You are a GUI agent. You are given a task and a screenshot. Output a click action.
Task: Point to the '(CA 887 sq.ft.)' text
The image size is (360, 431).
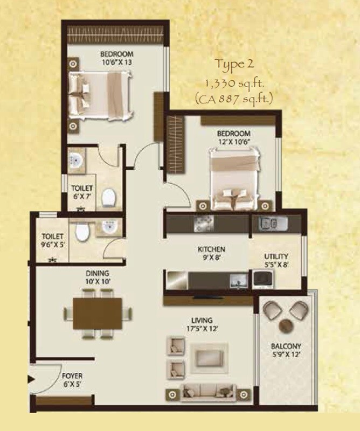tap(234, 98)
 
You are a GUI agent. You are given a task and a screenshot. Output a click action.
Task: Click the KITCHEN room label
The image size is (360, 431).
tap(211, 250)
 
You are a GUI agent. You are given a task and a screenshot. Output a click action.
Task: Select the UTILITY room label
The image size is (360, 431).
tap(276, 256)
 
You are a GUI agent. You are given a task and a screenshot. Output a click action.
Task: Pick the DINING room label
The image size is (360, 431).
tap(97, 273)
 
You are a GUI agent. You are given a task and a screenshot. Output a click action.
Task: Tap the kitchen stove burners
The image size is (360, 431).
tap(204, 223)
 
